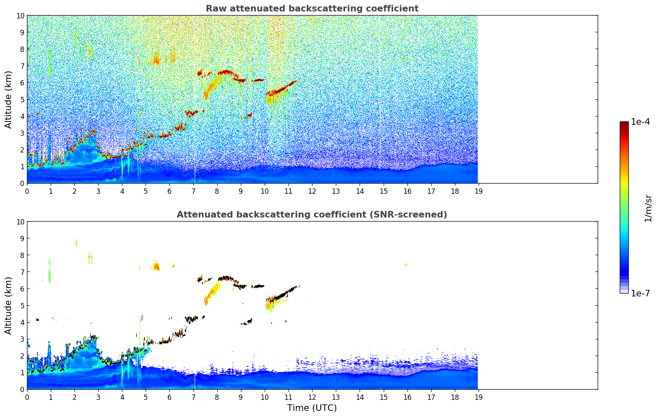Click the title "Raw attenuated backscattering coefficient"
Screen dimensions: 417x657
(x=312, y=9)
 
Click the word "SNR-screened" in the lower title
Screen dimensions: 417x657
(x=411, y=215)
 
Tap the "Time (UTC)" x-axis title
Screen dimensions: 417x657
(x=312, y=408)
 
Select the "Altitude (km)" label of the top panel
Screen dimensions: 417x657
(x=9, y=99)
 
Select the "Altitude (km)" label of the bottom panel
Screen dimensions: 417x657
(x=9, y=305)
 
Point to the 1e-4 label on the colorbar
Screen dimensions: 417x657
(x=640, y=122)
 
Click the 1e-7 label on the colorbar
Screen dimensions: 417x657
(x=640, y=293)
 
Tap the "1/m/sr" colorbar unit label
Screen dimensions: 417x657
(x=648, y=208)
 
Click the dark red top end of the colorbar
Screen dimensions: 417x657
(x=624, y=123)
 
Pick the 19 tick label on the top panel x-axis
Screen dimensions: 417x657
(x=478, y=191)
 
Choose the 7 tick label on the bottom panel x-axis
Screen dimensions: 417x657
(x=193, y=397)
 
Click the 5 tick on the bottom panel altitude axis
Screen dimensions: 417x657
(x=22, y=305)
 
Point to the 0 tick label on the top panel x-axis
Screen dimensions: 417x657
(x=27, y=191)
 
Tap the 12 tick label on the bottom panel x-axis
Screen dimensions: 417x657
(x=312, y=397)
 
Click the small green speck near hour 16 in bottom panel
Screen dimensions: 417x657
(x=406, y=265)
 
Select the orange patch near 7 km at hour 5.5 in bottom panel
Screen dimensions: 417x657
(x=156, y=267)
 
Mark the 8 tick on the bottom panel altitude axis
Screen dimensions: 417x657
(x=22, y=255)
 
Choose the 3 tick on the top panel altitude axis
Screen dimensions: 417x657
(x=22, y=133)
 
